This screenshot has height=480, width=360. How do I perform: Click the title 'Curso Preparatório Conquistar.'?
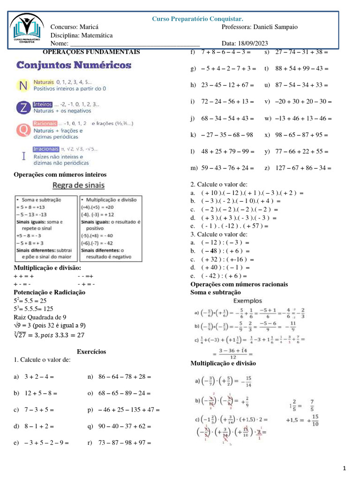click(197, 19)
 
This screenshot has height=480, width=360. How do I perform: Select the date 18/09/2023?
click(259, 44)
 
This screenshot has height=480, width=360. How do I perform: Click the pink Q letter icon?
click(23, 130)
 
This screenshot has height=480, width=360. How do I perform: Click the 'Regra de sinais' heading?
click(78, 185)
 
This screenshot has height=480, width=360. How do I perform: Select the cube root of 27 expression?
click(49, 335)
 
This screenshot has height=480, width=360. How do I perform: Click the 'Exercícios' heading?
click(91, 352)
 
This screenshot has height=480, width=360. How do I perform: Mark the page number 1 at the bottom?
click(344, 468)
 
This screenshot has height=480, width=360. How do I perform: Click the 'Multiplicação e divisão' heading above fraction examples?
click(223, 363)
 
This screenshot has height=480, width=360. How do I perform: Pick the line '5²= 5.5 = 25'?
click(30, 300)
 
